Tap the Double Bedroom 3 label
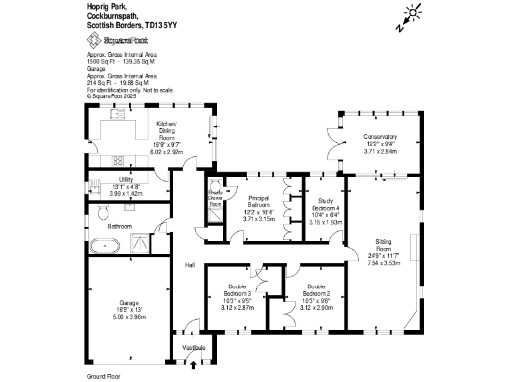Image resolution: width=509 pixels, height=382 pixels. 235,290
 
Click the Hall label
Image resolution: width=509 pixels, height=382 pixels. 189,264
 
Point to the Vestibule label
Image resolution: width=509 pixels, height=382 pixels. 193,347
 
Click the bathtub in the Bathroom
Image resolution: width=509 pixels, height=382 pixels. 102,244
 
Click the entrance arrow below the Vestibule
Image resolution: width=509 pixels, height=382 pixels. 193,363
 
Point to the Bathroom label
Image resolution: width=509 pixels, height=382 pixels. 120,226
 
